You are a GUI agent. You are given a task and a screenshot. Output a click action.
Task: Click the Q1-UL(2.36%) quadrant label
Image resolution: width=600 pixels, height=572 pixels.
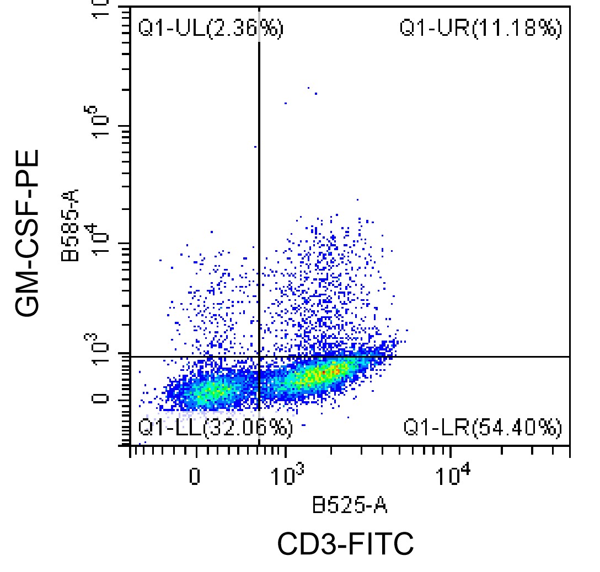click(x=211, y=29)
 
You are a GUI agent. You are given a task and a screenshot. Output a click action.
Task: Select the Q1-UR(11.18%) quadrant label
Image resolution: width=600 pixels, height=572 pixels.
click(x=480, y=29)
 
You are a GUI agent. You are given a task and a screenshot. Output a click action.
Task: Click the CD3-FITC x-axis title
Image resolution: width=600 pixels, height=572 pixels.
click(x=345, y=544)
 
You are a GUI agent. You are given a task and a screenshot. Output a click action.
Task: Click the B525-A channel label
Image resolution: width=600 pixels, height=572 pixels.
click(x=350, y=505)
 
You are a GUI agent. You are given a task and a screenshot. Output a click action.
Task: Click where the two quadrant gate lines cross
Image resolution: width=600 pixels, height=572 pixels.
click(x=259, y=357)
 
